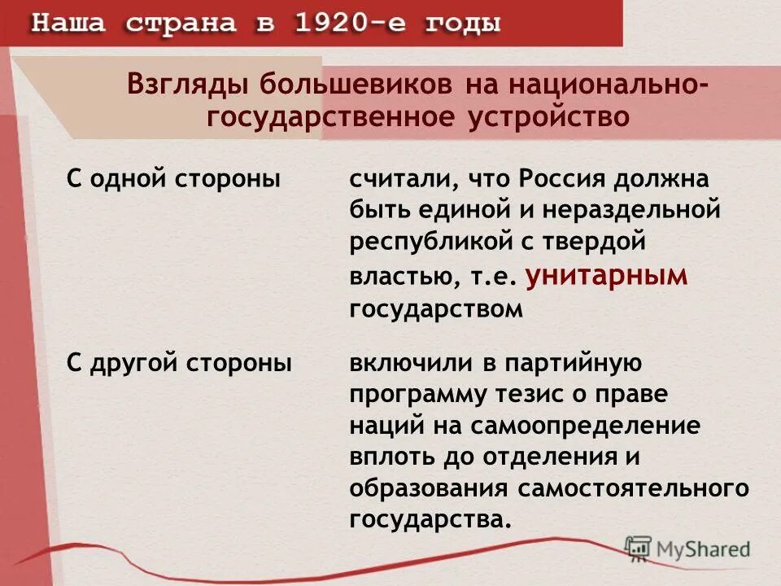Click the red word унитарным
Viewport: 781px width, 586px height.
point(606,276)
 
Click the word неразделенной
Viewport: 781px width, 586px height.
point(631,210)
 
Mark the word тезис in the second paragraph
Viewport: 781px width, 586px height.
point(523,394)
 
